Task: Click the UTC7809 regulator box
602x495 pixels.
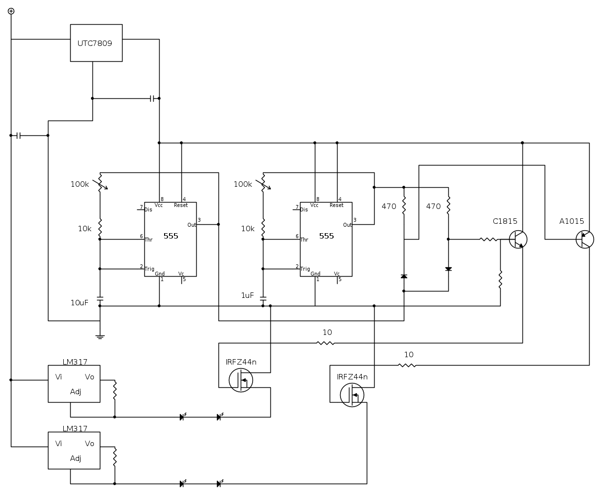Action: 96,43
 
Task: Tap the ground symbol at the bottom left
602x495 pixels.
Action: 100,337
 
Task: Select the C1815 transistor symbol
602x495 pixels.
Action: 518,239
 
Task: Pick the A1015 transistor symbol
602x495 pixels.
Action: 585,239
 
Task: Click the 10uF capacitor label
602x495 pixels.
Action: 79,302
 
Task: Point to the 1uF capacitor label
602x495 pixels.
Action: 247,295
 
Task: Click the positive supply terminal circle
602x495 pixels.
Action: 11,11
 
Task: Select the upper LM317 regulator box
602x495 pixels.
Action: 74,384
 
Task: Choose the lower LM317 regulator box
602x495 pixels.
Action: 74,451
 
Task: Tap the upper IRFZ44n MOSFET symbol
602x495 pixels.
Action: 241,380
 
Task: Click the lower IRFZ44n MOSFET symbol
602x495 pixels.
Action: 352,395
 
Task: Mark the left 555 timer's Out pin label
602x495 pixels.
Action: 192,225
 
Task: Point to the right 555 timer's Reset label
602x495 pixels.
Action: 336,205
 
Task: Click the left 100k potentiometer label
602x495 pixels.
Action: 80,184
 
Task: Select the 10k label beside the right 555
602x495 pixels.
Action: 248,229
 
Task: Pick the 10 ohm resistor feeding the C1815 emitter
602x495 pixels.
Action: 325,343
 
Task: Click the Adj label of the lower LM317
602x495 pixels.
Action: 76,458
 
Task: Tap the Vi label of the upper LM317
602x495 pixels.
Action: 59,377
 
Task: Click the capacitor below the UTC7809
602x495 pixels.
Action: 153,98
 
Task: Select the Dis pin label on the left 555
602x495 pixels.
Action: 148,209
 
